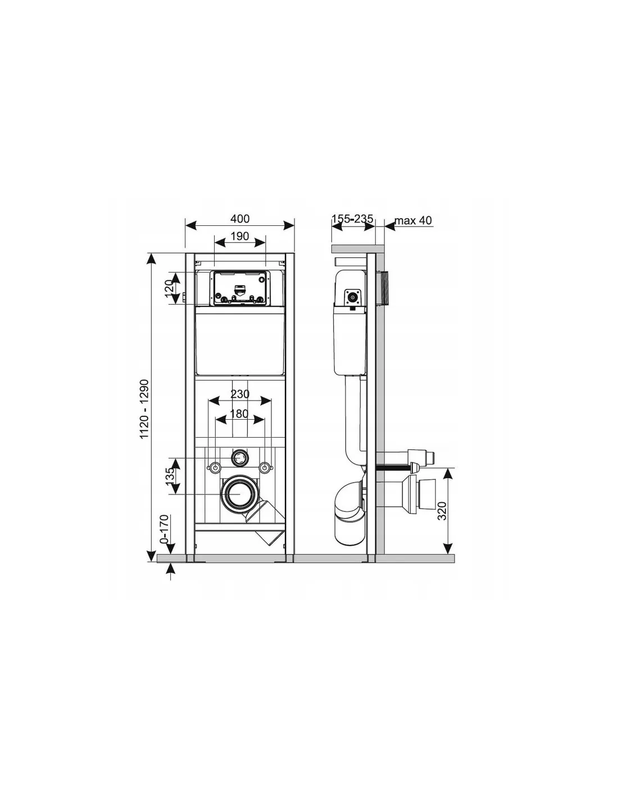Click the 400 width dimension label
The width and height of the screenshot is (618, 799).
tap(240, 219)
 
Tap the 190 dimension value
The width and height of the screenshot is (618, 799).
tap(240, 236)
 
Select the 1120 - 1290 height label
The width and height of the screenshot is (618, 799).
tap(144, 408)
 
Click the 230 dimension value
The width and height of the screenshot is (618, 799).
tap(240, 394)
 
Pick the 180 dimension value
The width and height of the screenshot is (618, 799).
tap(239, 414)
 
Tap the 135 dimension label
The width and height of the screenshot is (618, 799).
tap(170, 476)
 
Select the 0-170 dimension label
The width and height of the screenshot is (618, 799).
tap(165, 529)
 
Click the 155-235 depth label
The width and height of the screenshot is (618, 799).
tap(352, 219)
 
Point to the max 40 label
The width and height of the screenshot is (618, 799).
tap(413, 221)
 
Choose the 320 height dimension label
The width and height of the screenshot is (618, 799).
tap(442, 511)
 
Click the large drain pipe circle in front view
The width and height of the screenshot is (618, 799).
tap(240, 494)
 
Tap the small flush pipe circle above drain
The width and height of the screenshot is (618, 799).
tap(240, 457)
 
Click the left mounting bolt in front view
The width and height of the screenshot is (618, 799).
tap(215, 467)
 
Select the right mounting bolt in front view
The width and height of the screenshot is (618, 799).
tap(265, 467)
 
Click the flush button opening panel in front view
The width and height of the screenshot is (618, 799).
tap(240, 289)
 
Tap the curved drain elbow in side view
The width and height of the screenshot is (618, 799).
tap(350, 502)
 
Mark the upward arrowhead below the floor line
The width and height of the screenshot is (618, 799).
tap(170, 569)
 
